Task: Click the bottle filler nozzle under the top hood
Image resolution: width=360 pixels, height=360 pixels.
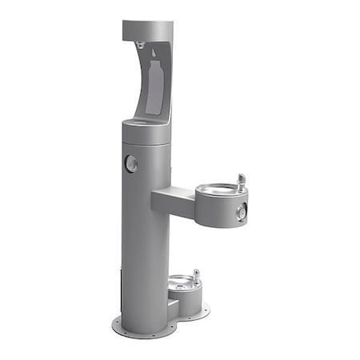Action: [141, 46]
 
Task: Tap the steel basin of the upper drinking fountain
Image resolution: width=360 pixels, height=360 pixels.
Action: [215, 190]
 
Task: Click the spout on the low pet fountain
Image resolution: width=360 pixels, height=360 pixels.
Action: [196, 276]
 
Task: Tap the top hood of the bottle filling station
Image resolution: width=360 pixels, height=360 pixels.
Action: [149, 30]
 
